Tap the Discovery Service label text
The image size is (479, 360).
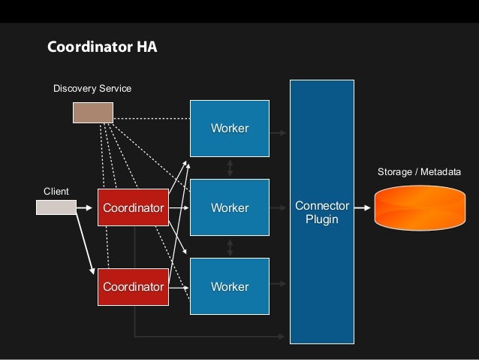pyautogui.click(x=92, y=89)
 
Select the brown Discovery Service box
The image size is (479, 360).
pyautogui.click(x=92, y=112)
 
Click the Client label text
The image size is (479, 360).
pyautogui.click(x=56, y=192)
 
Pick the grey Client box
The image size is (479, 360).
pyautogui.click(x=56, y=206)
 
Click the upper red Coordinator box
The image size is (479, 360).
pyautogui.click(x=133, y=207)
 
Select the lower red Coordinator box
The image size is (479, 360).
pyautogui.click(x=133, y=287)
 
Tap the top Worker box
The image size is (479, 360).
pyautogui.click(x=229, y=128)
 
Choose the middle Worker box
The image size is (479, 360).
pyautogui.click(x=229, y=207)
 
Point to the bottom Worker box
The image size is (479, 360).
pyautogui.click(x=229, y=287)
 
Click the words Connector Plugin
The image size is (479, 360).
pyautogui.click(x=322, y=213)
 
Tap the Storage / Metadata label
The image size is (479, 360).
pyautogui.click(x=418, y=173)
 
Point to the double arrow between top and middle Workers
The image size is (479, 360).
pyautogui.click(x=229, y=168)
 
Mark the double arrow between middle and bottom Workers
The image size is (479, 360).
pyautogui.click(x=229, y=247)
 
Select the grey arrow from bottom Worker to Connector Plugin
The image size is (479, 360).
pyautogui.click(x=279, y=283)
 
